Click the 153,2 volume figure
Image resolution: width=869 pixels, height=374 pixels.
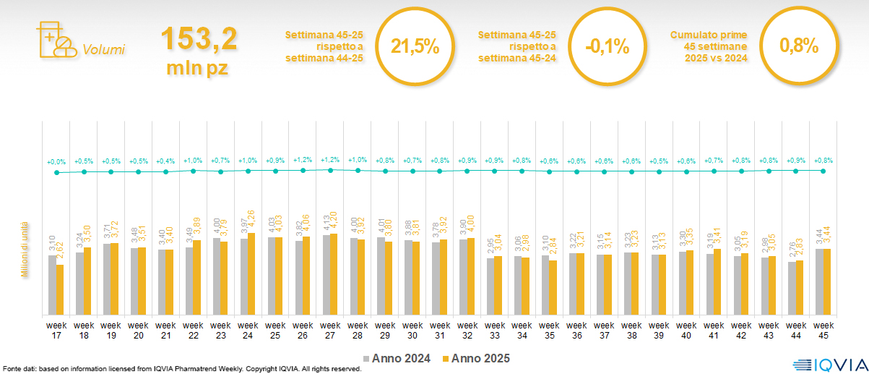click(199, 39)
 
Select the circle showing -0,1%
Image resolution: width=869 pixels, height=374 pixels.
click(607, 47)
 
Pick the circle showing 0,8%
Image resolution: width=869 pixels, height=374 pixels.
click(798, 47)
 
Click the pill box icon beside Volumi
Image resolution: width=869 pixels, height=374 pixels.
click(55, 41)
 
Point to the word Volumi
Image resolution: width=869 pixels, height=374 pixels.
click(103, 50)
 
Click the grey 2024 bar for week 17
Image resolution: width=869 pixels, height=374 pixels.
click(52, 285)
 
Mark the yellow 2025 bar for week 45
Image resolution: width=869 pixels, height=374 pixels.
click(828, 281)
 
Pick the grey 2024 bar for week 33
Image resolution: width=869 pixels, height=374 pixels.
click(490, 286)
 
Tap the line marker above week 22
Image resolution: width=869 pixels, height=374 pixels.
click(194, 171)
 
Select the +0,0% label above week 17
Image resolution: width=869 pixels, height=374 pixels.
click(56, 161)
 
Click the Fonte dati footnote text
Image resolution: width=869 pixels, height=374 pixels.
click(181, 369)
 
